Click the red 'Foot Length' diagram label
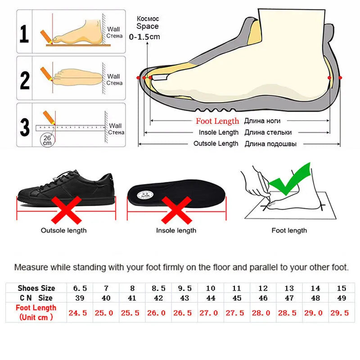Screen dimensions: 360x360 coord(217,121)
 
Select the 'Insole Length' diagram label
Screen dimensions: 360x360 coord(219,132)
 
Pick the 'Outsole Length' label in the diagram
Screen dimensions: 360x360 coord(216,144)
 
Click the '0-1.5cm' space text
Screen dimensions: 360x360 coord(144,37)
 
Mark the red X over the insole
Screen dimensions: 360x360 coord(176,211)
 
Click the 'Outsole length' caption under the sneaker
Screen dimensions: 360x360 coord(64,230)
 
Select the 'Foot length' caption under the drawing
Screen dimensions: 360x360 coord(289,230)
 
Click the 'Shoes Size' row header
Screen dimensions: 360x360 coord(36,288)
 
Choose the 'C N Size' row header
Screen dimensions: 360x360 coord(36,298)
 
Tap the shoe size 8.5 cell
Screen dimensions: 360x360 coord(158,288)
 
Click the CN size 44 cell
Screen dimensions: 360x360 coord(210,298)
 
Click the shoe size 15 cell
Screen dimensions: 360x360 coord(341,288)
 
